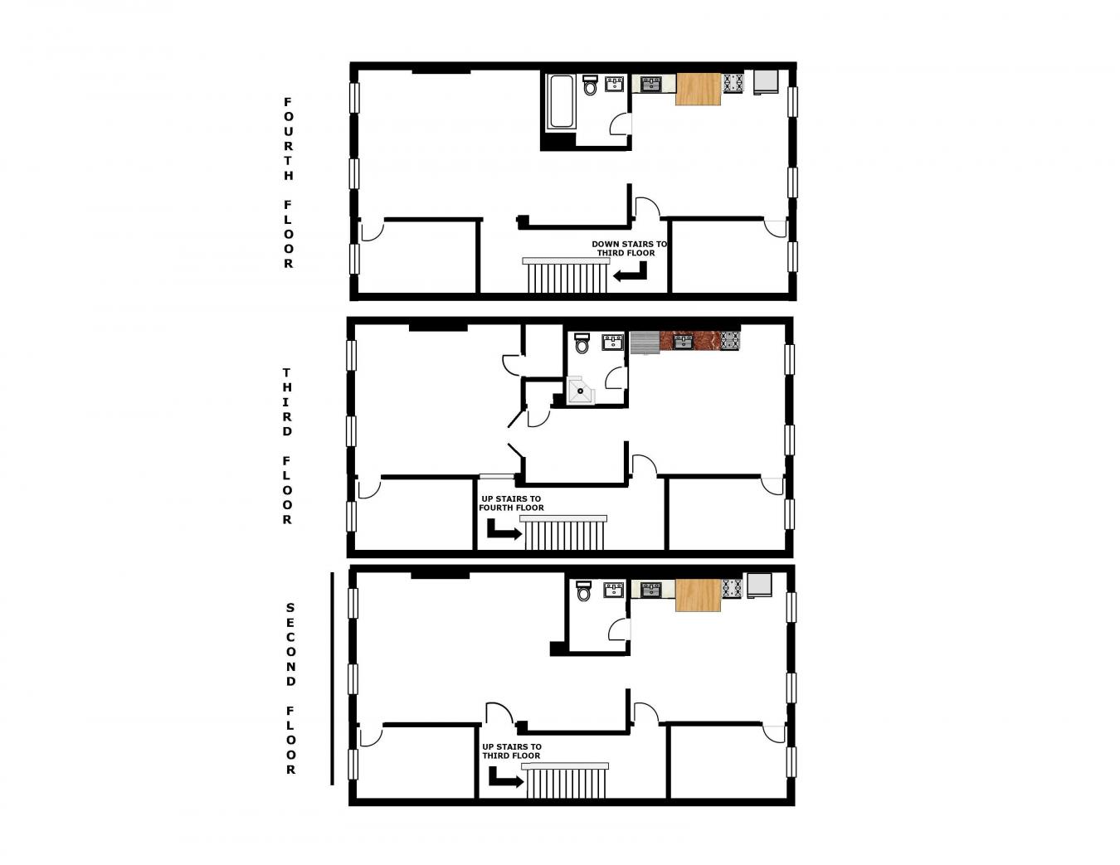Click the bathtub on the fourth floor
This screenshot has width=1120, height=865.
561,102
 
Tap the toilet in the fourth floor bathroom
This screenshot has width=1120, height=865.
590,85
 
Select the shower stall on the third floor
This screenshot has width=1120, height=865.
581,390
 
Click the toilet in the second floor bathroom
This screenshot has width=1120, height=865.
583,591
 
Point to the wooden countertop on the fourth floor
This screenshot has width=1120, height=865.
698,89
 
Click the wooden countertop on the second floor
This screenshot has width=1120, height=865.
698,595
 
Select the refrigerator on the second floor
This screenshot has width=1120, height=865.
759,586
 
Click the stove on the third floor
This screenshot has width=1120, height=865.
730,340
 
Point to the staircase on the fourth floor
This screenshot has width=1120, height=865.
567,276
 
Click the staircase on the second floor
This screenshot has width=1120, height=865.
565,782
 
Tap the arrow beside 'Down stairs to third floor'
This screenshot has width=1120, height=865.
631,272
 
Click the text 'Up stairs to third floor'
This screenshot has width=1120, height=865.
512,751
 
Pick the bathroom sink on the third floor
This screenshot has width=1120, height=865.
613,341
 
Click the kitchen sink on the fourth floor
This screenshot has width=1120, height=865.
651,84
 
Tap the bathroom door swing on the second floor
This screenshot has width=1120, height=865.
618,629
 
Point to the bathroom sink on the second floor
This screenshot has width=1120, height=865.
614,590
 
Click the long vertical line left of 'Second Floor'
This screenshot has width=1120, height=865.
332,678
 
